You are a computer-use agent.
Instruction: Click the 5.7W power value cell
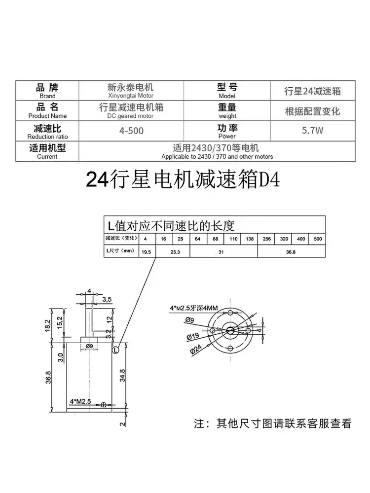[x=312, y=132]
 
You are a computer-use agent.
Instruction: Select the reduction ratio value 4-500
[x=131, y=132]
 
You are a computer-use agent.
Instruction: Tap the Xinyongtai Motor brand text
[x=131, y=96]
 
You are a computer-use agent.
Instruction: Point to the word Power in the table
[x=227, y=136]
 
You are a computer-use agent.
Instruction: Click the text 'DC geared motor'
[x=131, y=116]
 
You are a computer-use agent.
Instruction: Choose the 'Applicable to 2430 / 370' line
[x=217, y=156]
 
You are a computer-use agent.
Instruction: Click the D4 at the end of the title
[x=270, y=180]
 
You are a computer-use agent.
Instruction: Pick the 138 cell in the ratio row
[x=250, y=239]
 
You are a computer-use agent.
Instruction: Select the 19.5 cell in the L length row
[x=146, y=251]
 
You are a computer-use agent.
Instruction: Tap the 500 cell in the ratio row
[x=318, y=239]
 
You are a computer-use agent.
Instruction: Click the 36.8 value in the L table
[x=291, y=251]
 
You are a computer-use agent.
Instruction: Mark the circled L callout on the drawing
[x=115, y=350]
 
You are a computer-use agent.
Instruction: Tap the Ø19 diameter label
[x=193, y=337]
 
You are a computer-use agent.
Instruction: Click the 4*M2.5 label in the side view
[x=80, y=401]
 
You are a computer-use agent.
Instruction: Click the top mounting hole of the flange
[x=231, y=314]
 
